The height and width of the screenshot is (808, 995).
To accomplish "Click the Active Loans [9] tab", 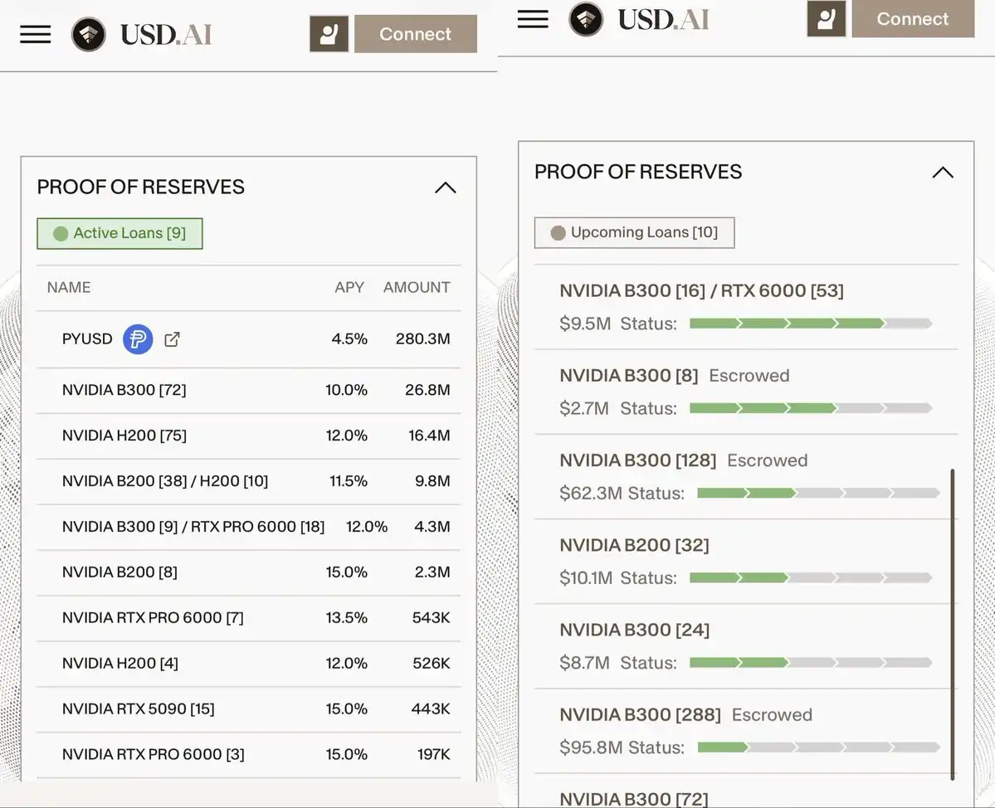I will [119, 234].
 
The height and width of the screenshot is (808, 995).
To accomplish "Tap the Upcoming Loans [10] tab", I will [634, 232].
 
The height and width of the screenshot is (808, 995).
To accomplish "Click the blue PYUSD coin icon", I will [138, 339].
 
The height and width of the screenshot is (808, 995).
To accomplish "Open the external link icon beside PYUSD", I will [172, 339].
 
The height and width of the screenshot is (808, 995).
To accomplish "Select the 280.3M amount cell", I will [422, 339].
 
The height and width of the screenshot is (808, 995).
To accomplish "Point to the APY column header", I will [349, 287].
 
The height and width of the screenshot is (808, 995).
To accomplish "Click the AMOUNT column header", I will [416, 287].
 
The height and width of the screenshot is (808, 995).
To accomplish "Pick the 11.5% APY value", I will [348, 481].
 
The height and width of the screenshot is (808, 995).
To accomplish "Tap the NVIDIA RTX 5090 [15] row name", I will [138, 709].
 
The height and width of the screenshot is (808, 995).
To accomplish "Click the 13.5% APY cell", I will [348, 618].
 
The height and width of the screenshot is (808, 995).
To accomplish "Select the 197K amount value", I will [433, 755].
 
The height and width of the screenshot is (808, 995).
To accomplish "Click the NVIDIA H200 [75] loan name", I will [124, 436].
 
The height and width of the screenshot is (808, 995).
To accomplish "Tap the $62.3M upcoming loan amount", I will [590, 494].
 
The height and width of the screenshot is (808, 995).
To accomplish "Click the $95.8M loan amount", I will [590, 747].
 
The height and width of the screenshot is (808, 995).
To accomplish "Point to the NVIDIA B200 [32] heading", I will [634, 545].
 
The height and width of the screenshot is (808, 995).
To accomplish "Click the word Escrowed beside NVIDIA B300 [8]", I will [749, 376].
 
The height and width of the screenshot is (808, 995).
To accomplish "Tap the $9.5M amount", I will [584, 324].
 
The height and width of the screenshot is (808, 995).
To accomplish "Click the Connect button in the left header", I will [415, 34].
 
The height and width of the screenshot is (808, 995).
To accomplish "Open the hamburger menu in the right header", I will [533, 19].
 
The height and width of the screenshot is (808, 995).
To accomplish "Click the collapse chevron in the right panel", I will [942, 173].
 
